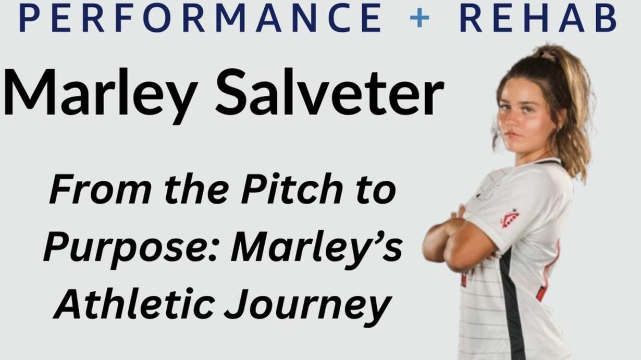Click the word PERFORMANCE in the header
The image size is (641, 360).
tap(200, 18)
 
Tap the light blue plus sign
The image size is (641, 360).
tap(420, 18)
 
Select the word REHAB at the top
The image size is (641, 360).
tap(538, 18)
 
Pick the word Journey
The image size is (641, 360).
tap(308, 307)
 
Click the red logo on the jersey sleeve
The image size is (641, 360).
tap(510, 218)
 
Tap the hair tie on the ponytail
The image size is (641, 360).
tap(548, 54)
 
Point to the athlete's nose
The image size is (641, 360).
tap(510, 120)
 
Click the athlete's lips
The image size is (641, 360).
tap(512, 134)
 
